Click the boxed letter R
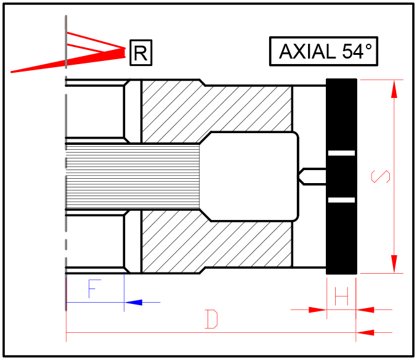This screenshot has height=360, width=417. tap(140, 53)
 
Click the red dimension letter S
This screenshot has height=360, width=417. tap(381, 176)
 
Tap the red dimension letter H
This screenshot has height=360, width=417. tap(342, 298)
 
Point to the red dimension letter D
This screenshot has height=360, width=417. tap(211, 319)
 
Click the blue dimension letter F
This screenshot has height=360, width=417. tap(94, 289)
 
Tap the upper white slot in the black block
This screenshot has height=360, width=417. tap(341, 152)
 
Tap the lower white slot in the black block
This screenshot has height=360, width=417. tap(341, 200)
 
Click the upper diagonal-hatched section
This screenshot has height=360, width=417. tap(216, 108)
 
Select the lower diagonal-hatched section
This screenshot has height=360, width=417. tap(216, 243)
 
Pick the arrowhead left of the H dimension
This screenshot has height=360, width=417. tap(317, 309)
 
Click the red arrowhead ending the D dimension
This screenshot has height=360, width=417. tap(366, 333)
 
